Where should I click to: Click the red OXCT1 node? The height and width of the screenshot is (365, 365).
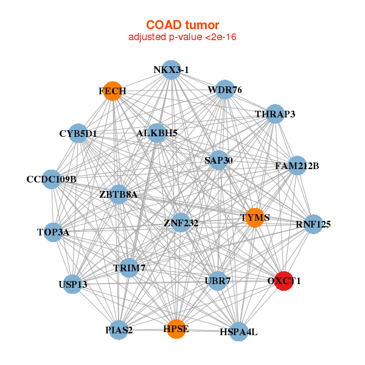pyautogui.click(x=283, y=281)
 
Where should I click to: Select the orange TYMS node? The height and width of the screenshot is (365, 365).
pyautogui.click(x=255, y=218)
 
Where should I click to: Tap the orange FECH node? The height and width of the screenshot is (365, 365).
pyautogui.click(x=113, y=91)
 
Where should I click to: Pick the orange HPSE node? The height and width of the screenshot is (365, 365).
pyautogui.click(x=176, y=329)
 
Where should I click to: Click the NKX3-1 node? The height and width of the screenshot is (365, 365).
pyautogui.click(x=172, y=70)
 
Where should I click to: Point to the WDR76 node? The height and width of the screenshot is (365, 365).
pyautogui.click(x=224, y=89)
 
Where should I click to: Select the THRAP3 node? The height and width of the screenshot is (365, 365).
pyautogui.click(x=275, y=114)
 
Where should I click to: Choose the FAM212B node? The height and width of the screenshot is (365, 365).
pyautogui.click(x=297, y=165)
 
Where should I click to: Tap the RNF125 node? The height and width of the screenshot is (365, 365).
pyautogui.click(x=313, y=224)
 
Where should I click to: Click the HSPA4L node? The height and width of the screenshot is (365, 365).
pyautogui.click(x=238, y=332)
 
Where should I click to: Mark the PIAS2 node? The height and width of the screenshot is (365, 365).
pyautogui.click(x=119, y=330)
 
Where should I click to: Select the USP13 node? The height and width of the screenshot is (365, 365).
pyautogui.click(x=73, y=284)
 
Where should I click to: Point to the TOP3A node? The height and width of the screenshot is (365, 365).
pyautogui.click(x=54, y=232)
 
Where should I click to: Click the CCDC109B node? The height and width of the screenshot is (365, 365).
pyautogui.click(x=52, y=179)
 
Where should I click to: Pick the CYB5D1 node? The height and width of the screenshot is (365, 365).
pyautogui.click(x=78, y=133)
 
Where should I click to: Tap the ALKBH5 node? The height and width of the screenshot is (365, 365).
pyautogui.click(x=157, y=133)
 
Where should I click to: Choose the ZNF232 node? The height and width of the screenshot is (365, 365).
pyautogui.click(x=181, y=223)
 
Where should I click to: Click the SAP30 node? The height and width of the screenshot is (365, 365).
pyautogui.click(x=218, y=160)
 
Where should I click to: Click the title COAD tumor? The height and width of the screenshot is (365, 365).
pyautogui.click(x=182, y=25)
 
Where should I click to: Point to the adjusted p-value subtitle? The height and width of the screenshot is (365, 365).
pyautogui.click(x=182, y=37)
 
